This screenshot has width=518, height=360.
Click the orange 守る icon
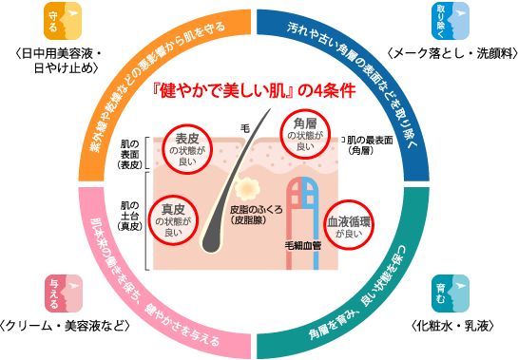pyautogui.click(x=63, y=21)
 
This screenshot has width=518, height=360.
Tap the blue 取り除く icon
pyautogui.click(x=451, y=21)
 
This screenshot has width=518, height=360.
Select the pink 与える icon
pyautogui.click(x=64, y=294)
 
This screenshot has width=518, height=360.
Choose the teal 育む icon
pyautogui.click(x=451, y=294)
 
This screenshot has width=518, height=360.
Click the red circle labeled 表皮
pyautogui.click(x=163, y=149)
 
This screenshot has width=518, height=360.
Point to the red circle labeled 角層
pyautogui.click(x=280, y=134)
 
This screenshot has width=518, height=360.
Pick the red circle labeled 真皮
pyautogui.click(x=148, y=220)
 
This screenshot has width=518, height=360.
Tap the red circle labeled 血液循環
pyautogui.click(x=324, y=225)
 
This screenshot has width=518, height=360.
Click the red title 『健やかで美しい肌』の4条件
pyautogui.click(x=255, y=90)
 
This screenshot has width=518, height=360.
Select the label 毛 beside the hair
pyautogui.click(x=245, y=128)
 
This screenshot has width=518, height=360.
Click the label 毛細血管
pyautogui.click(x=303, y=245)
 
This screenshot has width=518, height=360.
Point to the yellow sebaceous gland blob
pyautogui.click(x=247, y=189)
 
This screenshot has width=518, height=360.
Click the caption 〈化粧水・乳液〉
pyautogui.click(x=452, y=326)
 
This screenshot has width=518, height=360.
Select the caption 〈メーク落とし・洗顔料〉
pyautogui.click(x=451, y=53)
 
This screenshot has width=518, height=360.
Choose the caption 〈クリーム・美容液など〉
pyautogui.click(x=65, y=326)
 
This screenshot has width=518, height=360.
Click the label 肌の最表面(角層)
pyautogui.click(x=370, y=145)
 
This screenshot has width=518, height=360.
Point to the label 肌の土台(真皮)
pyautogui.click(x=130, y=216)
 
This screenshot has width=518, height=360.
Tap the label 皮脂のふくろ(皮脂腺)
pyautogui.click(x=257, y=215)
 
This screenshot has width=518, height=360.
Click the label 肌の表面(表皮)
pyautogui.click(x=130, y=154)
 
